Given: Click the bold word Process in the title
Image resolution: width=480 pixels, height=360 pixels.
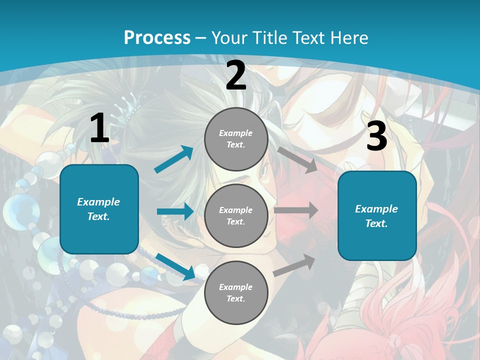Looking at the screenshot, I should [157, 37].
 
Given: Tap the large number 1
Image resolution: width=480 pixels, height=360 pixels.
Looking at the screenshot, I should [99, 128].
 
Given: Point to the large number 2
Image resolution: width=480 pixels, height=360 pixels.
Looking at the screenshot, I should [236, 75].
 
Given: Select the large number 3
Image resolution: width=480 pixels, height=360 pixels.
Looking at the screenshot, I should [377, 136].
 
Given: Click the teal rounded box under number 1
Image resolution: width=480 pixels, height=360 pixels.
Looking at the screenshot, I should [99, 209].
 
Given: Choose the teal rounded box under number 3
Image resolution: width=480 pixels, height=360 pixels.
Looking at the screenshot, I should [377, 215].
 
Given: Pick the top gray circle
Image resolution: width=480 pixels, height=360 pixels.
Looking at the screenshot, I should [236, 139].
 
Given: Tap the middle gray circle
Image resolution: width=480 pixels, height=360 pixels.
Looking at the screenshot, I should [236, 215].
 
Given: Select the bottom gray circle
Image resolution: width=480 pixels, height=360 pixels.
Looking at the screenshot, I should [236, 292].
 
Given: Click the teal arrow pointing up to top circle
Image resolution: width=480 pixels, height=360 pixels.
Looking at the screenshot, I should [174, 159].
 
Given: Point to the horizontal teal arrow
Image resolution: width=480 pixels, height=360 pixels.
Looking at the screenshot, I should [175, 211].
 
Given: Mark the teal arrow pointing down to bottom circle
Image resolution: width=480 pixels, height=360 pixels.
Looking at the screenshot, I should [175, 266].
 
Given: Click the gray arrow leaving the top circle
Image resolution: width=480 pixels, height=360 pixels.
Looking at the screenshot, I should [298, 159].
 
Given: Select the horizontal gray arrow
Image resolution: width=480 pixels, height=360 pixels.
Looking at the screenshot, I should [296, 210].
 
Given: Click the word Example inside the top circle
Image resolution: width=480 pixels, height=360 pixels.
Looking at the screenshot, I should [235, 133].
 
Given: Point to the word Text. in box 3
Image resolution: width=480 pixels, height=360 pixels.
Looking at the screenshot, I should [376, 223].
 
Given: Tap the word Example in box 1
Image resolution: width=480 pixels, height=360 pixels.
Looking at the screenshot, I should [98, 202].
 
